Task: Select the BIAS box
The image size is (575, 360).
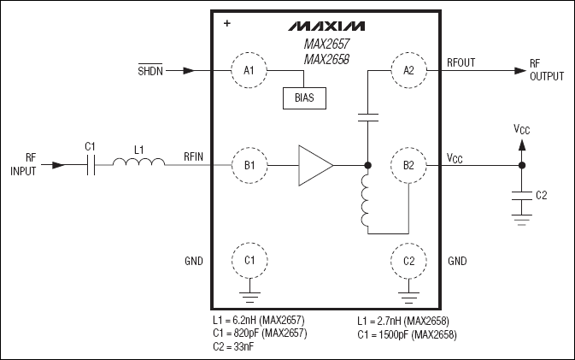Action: click(x=304, y=97)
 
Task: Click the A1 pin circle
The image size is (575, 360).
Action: click(x=249, y=70)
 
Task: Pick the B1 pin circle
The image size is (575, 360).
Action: click(x=249, y=164)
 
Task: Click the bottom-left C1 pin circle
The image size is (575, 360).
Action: click(x=249, y=260)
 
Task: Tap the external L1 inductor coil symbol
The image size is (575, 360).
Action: click(x=140, y=164)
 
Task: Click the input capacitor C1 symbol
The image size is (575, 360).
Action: click(x=90, y=164)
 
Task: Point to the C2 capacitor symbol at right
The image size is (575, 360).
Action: click(x=521, y=196)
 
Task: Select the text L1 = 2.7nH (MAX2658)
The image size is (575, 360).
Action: click(x=402, y=320)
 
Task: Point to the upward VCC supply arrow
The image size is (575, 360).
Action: click(x=521, y=144)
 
